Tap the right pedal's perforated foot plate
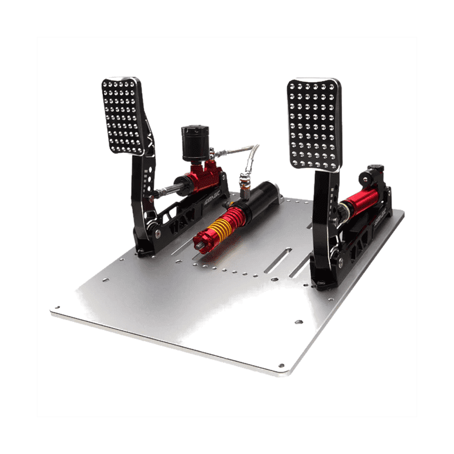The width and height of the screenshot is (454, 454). [x=314, y=124]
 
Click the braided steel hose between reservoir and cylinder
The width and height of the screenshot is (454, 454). [x=234, y=152]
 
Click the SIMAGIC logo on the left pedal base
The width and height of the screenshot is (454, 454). [x=214, y=196]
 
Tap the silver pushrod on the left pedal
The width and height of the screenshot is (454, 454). [x=167, y=188]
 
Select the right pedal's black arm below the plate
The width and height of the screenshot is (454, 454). [x=322, y=211]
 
